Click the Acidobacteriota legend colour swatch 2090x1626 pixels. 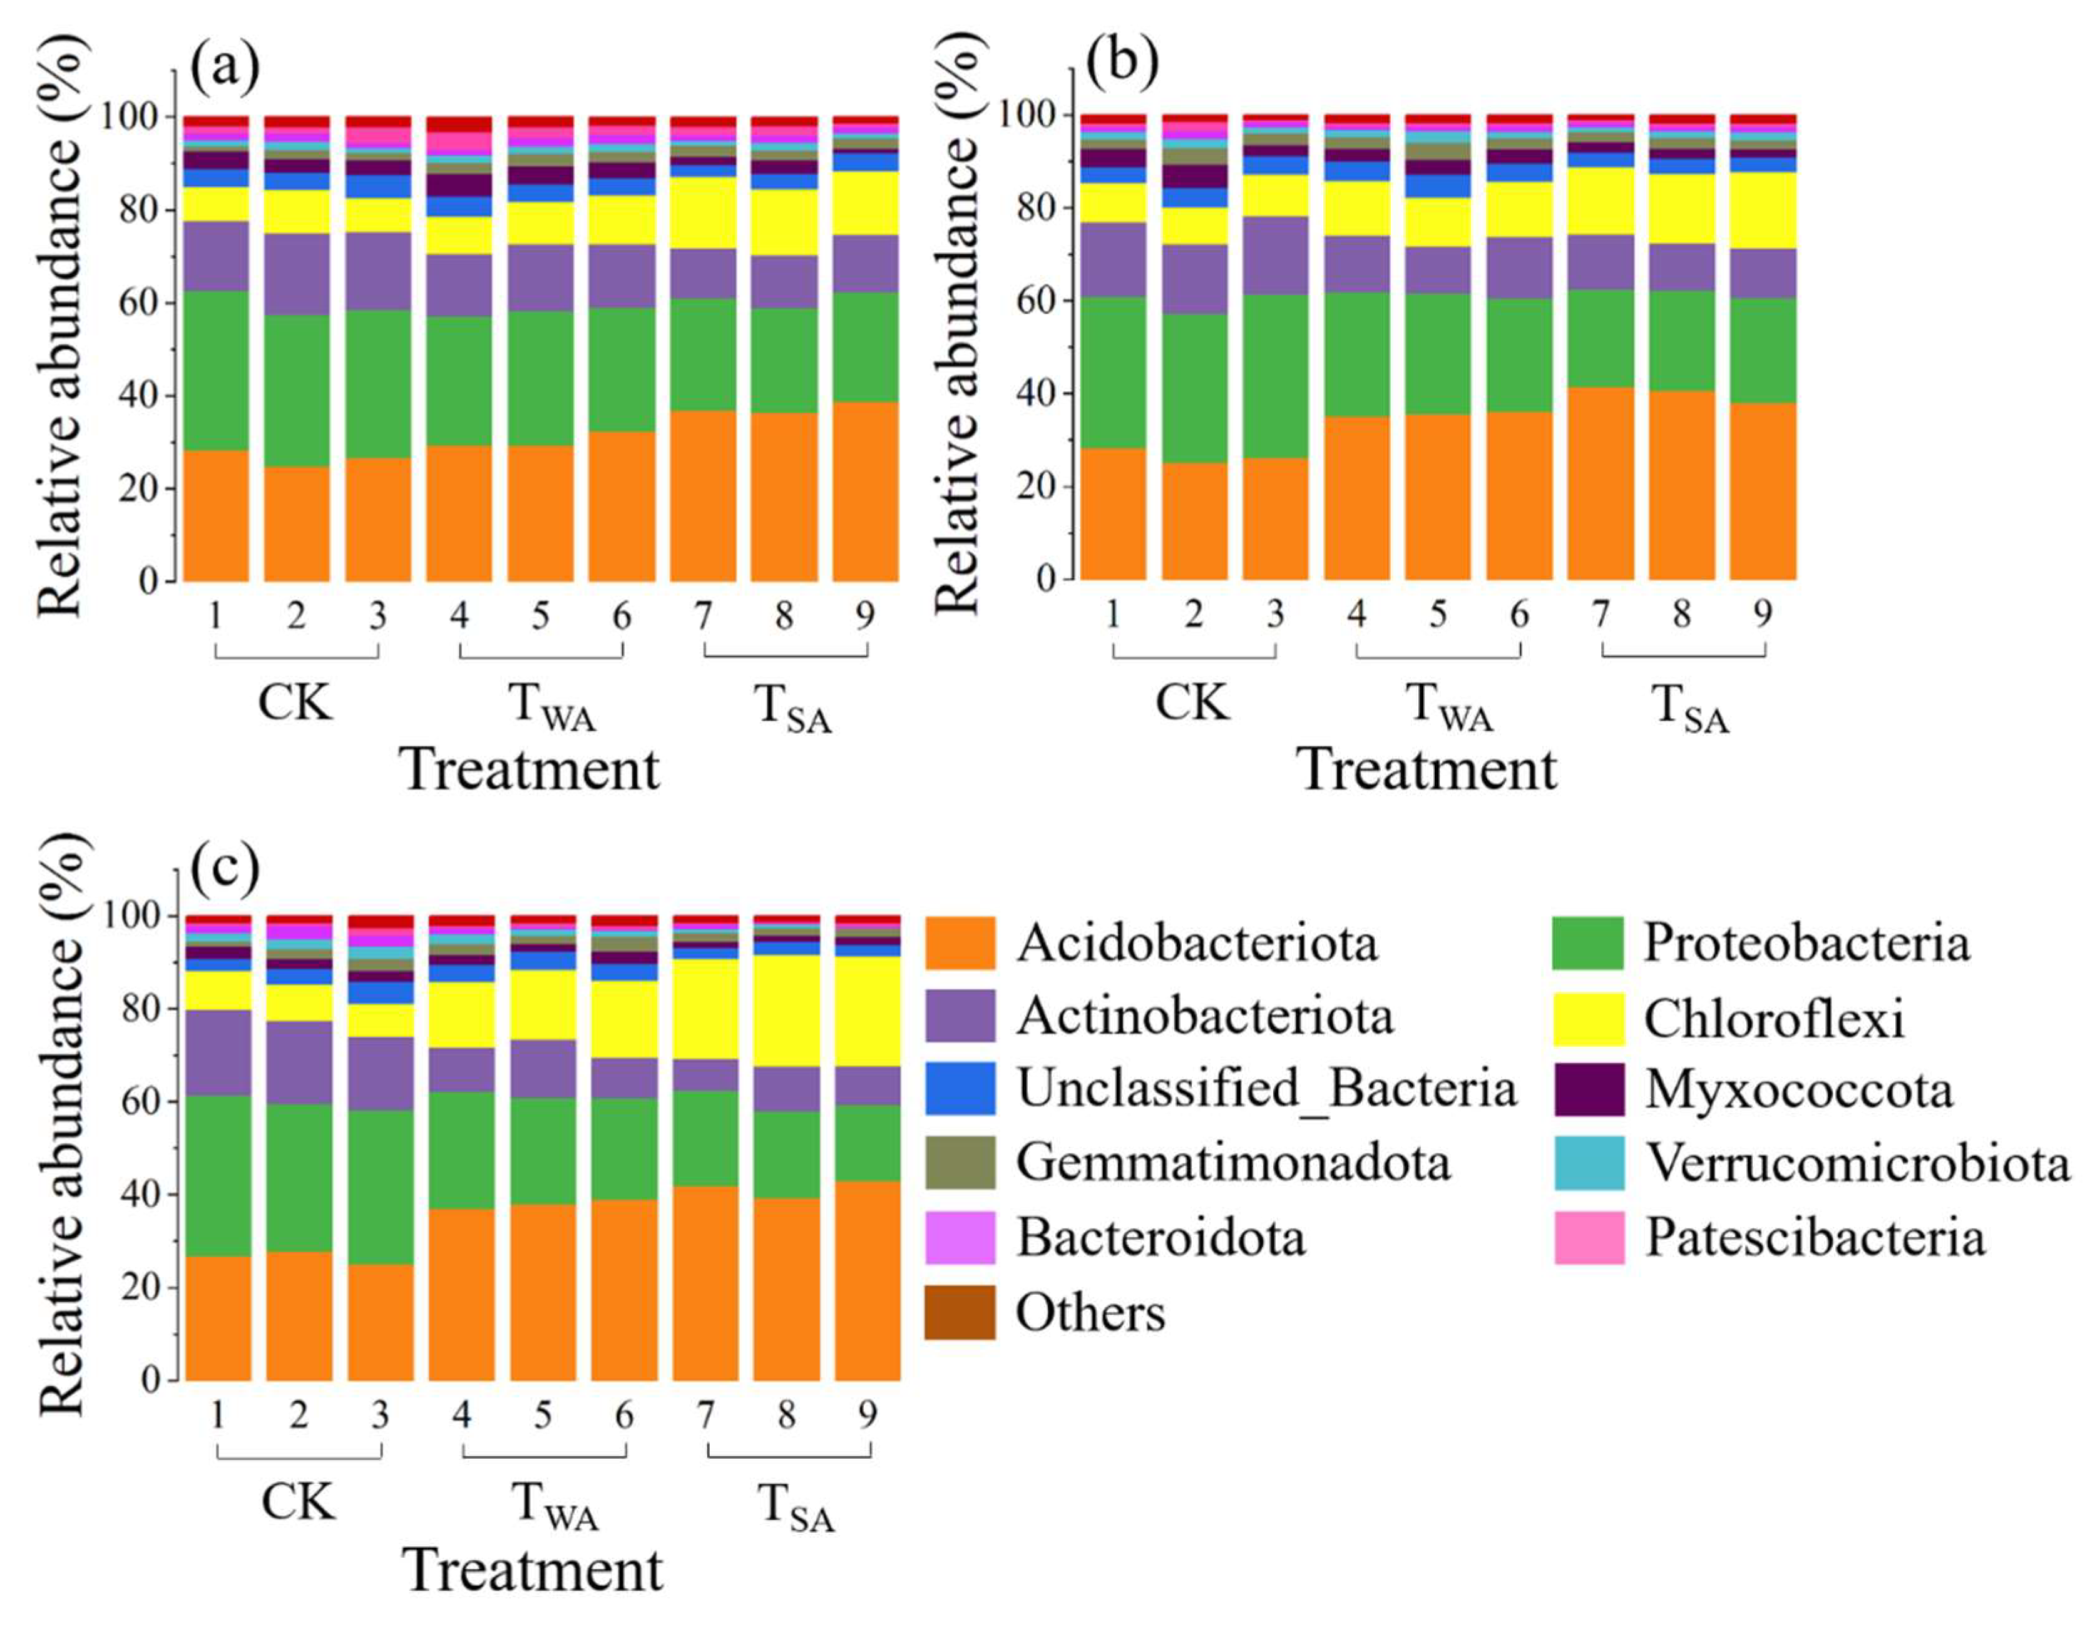(x=960, y=943)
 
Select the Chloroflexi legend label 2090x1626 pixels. (x=1774, y=1018)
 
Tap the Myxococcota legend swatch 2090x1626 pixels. (x=1589, y=1089)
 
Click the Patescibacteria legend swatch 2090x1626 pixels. (x=1589, y=1237)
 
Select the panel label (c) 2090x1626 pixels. (x=225, y=868)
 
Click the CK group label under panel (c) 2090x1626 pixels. (x=299, y=1503)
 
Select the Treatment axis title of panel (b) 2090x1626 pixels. (x=1428, y=769)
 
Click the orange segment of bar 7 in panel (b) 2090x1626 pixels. (x=1601, y=483)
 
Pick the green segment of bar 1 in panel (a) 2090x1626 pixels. (x=217, y=371)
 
